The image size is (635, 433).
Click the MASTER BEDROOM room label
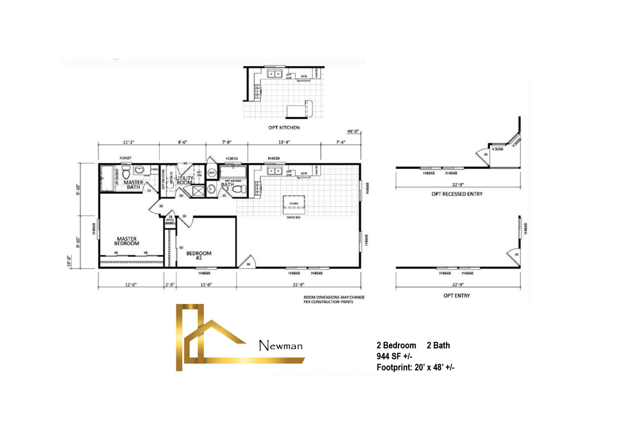[127, 241]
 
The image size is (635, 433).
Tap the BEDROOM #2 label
[199, 256]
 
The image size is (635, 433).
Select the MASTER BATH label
[133, 184]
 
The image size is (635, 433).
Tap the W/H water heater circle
[212, 173]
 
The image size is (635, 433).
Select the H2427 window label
[125, 158]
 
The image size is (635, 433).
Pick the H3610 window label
[231, 158]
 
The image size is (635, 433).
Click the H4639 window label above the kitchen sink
[274, 158]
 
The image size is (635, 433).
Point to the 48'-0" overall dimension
[353, 131]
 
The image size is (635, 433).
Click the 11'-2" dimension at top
[129, 142]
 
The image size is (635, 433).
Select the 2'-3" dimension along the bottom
[170, 285]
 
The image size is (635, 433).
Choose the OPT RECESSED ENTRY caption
[457, 194]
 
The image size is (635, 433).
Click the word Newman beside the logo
[281, 346]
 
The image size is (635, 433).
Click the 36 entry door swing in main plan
[247, 263]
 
